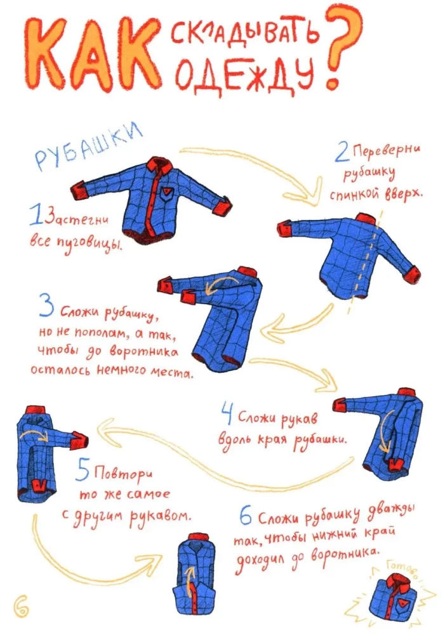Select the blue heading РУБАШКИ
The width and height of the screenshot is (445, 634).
(x=87, y=146)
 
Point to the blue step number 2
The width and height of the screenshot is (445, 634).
(x=343, y=154)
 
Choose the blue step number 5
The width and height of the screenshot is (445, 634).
(x=83, y=472)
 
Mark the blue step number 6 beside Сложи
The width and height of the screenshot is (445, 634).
(x=246, y=518)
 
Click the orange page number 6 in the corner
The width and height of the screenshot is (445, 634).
(x=21, y=607)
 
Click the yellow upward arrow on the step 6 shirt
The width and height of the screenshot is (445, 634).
(x=190, y=582)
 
